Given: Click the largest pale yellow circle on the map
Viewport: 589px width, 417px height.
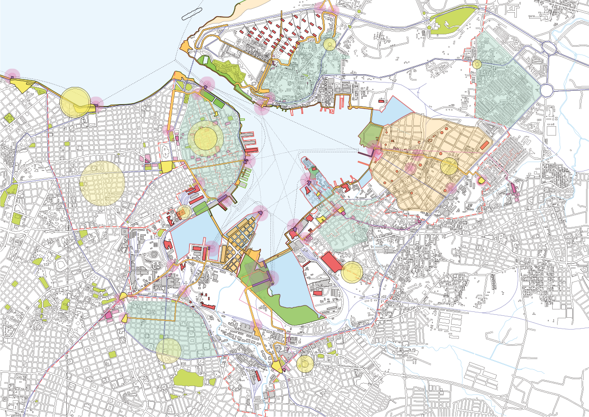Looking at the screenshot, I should coord(102,183).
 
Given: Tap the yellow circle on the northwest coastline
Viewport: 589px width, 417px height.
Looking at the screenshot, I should coord(75,102).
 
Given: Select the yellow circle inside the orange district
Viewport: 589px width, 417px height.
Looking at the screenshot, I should coord(449,166).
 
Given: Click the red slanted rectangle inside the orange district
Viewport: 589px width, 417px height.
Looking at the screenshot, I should coord(485,145).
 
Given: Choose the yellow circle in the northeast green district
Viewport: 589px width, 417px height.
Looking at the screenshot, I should coord(477,64).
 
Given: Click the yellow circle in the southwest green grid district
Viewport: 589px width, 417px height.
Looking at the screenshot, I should coord(169,350).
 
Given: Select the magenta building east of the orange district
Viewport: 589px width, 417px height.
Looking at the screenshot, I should coord(514,189).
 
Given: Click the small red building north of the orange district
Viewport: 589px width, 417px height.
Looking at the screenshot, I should coord(381,102).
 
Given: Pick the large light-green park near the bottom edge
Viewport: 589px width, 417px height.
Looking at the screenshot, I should coord(188,378).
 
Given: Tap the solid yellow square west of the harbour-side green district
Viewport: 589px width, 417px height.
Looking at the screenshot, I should coord(166,166).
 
